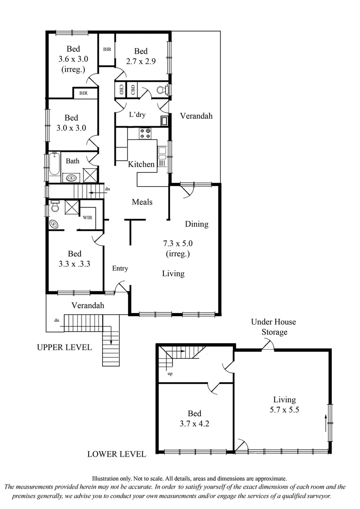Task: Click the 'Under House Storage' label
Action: tap(273, 327)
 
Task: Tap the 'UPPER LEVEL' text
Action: tap(64, 347)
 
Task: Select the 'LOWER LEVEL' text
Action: tap(116, 454)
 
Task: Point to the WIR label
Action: tap(88, 217)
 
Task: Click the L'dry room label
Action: tap(137, 115)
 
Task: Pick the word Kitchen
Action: tap(141, 164)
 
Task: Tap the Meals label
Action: tap(142, 202)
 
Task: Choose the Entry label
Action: tap(120, 268)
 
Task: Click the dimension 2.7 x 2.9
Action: tap(140, 61)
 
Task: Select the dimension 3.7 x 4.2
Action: tap(194, 423)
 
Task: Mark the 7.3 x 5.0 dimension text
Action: tap(178, 244)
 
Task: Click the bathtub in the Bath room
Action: tap(54, 164)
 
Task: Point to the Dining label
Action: tap(196, 224)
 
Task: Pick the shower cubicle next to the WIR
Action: tap(71, 207)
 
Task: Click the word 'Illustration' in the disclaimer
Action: tap(107, 478)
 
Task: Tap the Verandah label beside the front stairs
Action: tap(88, 305)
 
